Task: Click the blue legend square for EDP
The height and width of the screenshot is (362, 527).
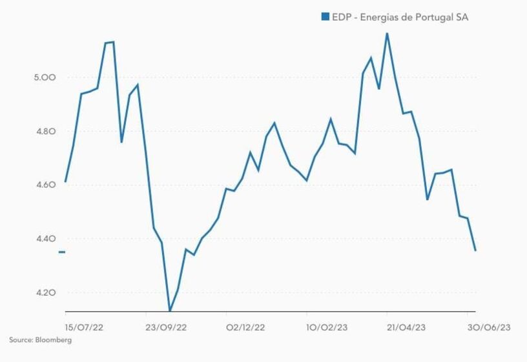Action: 325,17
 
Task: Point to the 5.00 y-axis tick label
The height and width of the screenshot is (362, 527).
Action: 45,77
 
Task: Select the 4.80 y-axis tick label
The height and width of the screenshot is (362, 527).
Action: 45,131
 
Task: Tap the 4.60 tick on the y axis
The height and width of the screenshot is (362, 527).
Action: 45,185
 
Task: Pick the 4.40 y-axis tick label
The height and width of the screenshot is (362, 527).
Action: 45,239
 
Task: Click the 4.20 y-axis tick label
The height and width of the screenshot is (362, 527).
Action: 45,292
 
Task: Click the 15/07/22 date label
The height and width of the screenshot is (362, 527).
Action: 84,327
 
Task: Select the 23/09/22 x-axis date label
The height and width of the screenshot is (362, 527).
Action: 166,327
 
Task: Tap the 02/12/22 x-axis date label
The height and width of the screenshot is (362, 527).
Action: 245,327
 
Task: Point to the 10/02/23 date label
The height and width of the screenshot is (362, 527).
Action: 327,327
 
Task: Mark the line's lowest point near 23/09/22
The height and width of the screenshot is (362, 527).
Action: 170,310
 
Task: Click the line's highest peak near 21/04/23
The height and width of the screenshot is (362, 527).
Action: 387,34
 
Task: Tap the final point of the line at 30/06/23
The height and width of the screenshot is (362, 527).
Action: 476,250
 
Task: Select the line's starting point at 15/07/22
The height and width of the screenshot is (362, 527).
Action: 65,181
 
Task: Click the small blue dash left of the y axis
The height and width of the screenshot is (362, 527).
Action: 61,252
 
